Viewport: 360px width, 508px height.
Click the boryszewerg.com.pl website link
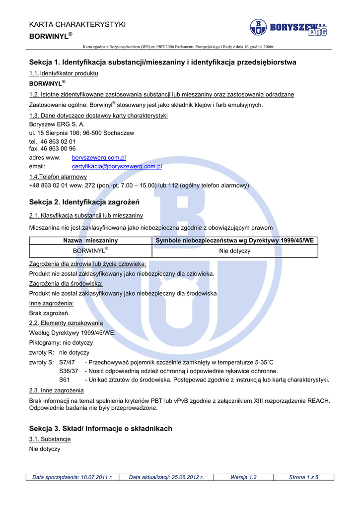[99, 157]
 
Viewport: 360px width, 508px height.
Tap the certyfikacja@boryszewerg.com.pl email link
[117, 167]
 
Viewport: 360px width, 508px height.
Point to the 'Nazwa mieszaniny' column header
[90, 241]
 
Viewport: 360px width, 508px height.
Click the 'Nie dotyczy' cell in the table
[234, 251]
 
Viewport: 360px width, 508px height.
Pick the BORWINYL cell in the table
[90, 251]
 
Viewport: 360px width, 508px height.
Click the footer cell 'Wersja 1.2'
[243, 477]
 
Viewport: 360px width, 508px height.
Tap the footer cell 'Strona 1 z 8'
[303, 477]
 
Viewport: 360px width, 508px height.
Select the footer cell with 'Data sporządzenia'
[72, 477]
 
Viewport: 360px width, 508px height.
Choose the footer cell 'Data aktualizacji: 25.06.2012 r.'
[166, 477]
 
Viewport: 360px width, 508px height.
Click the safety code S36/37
[69, 371]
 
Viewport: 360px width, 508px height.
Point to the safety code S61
[65, 380]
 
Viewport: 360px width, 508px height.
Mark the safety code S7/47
[67, 362]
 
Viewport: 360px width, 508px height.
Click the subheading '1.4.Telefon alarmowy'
[58, 177]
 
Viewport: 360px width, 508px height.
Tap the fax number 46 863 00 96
[52, 148]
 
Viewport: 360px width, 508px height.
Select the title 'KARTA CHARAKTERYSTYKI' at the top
[77, 24]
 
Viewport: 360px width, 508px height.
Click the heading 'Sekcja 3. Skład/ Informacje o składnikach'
[101, 429]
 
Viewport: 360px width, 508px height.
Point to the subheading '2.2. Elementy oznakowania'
[66, 323]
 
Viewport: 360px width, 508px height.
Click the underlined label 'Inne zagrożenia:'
[52, 303]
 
